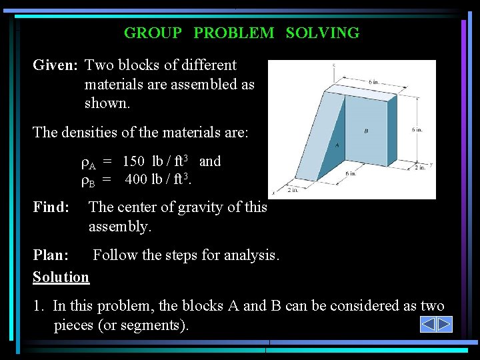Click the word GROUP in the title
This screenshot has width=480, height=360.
153,33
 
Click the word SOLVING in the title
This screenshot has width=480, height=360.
323,33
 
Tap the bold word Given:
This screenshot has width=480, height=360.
57,65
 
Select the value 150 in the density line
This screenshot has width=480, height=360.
135,161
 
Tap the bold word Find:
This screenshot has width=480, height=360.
51,207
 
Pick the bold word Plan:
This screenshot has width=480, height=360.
51,255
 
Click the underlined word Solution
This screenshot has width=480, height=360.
61,277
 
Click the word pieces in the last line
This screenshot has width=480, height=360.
75,325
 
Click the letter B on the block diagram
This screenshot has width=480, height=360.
366,131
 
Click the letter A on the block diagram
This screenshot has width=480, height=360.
337,144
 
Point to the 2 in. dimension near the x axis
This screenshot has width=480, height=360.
293,190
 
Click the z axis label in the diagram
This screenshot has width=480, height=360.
333,65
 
